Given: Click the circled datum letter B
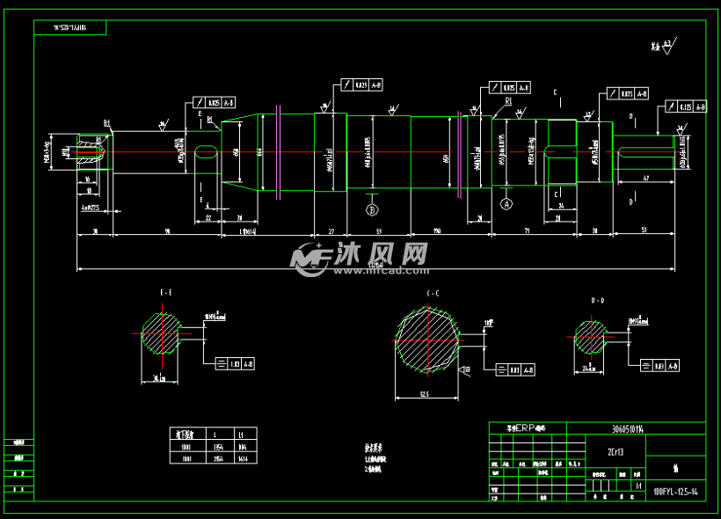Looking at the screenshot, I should [372, 210].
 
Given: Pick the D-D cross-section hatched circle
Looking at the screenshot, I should [591, 334].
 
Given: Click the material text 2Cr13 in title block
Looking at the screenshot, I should [615, 453].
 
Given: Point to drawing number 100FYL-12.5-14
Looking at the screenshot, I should [675, 492].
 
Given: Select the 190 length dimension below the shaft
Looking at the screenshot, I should [436, 230].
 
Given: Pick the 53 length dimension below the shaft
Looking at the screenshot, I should [378, 230].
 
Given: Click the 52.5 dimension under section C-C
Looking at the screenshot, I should [424, 395].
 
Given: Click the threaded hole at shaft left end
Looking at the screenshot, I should [89, 152].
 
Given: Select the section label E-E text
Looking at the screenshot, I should [166, 291].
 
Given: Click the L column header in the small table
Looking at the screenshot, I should [215, 434].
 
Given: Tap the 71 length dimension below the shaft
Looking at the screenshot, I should [526, 230].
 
